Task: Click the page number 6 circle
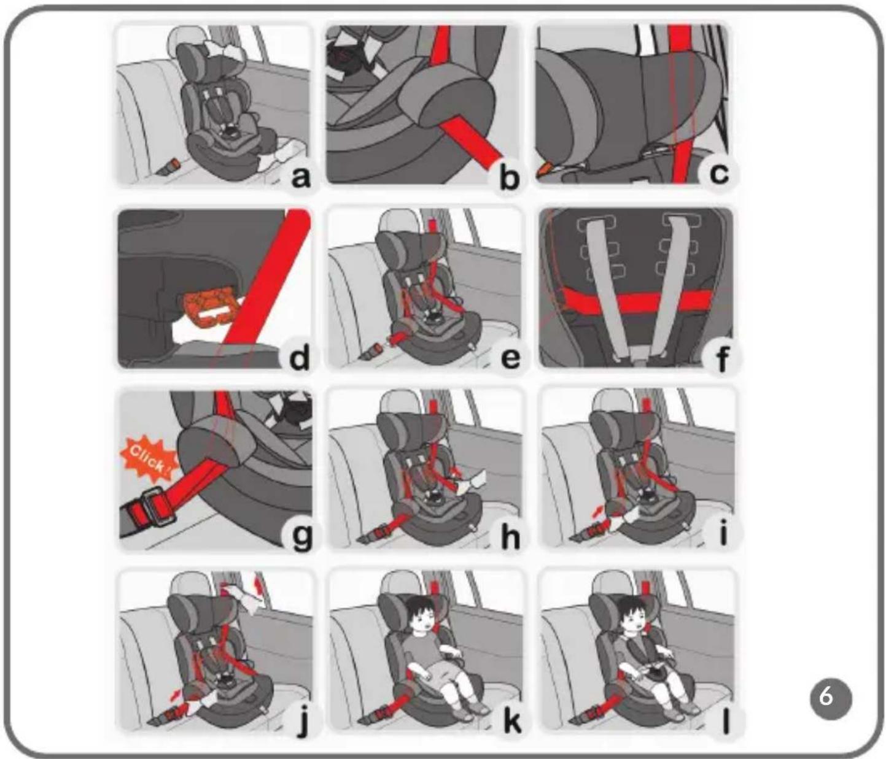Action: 830,698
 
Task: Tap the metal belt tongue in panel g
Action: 158,507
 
